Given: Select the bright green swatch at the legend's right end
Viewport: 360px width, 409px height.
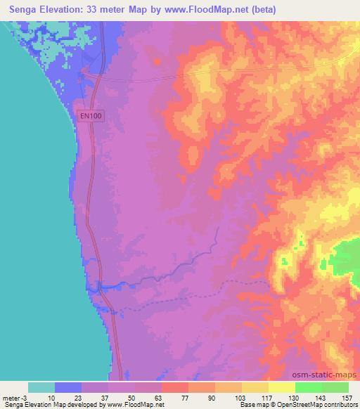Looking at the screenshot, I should pyautogui.click(x=335, y=387).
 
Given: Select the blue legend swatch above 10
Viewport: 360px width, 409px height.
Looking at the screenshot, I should pyautogui.click(x=68, y=387).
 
